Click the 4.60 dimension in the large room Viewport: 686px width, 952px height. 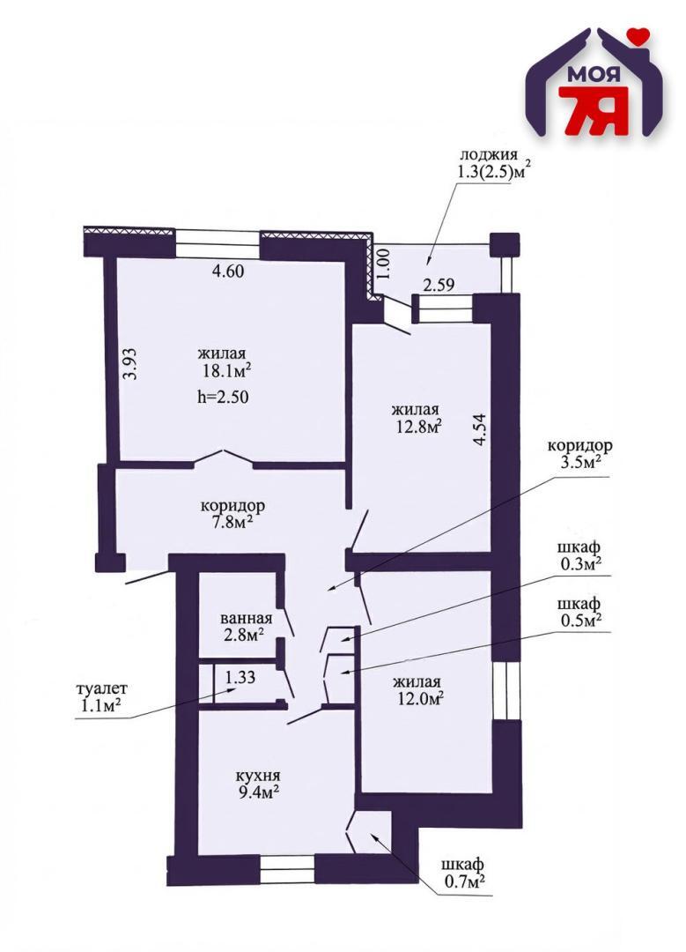227,271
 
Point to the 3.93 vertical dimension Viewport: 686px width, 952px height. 130,362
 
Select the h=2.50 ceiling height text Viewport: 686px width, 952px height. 224,397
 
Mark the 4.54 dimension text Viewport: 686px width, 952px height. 480,430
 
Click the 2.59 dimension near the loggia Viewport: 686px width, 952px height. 438,285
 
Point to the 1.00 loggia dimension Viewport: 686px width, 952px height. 382,263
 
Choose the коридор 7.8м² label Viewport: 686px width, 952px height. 232,514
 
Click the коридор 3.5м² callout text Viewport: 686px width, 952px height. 579,453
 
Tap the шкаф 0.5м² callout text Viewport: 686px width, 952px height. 579,612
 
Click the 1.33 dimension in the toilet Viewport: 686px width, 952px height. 240,678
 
